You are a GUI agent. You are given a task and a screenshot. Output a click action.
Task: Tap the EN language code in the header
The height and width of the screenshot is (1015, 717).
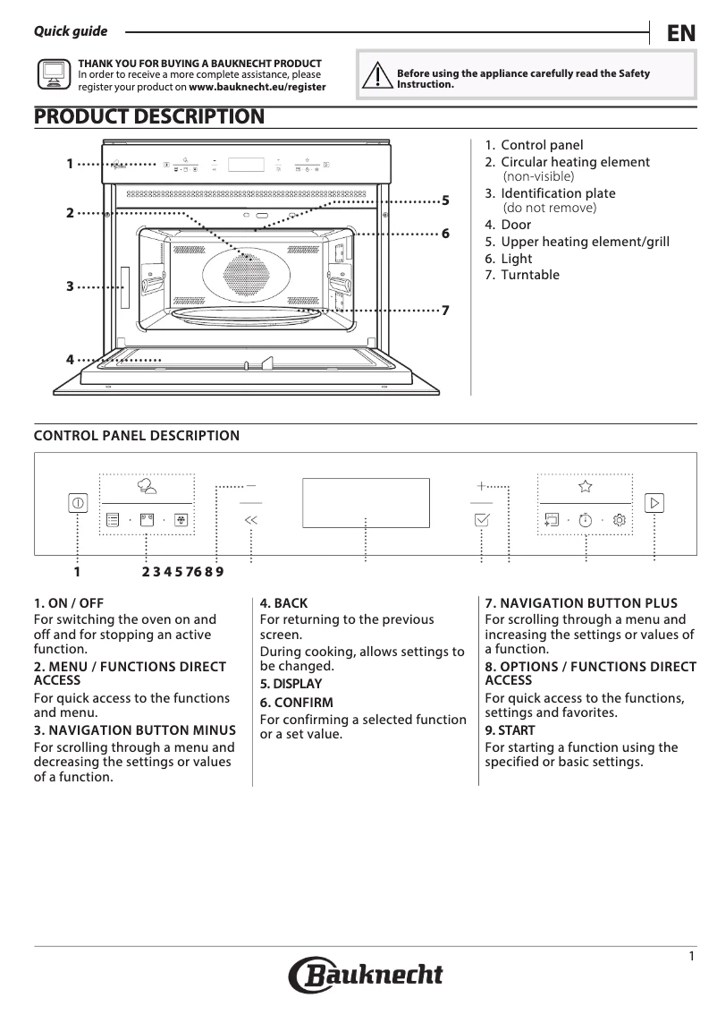pyautogui.click(x=680, y=33)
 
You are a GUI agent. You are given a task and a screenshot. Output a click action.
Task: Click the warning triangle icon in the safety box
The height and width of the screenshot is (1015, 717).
pyautogui.click(x=377, y=76)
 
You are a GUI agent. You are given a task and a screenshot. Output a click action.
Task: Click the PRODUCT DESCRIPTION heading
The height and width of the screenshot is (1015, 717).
pyautogui.click(x=148, y=116)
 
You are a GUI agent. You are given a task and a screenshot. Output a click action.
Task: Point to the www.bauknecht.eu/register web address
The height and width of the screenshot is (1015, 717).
pyautogui.click(x=257, y=88)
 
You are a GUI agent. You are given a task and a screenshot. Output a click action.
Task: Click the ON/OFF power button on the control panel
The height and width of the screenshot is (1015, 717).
pyautogui.click(x=78, y=503)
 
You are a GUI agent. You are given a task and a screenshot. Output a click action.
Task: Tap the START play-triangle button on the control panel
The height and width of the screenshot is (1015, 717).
pyautogui.click(x=654, y=503)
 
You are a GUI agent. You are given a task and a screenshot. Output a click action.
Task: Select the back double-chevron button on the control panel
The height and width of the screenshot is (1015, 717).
pyautogui.click(x=250, y=519)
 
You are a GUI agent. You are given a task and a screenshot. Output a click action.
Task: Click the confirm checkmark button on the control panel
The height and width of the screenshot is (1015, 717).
pyautogui.click(x=482, y=519)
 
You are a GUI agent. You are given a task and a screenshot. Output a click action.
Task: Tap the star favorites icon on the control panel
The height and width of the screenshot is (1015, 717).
pyautogui.click(x=585, y=486)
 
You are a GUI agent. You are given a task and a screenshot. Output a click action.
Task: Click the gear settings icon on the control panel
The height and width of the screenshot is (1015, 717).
pyautogui.click(x=620, y=519)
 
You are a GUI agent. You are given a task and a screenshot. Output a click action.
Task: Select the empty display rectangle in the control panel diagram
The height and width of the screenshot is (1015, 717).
pyautogui.click(x=366, y=503)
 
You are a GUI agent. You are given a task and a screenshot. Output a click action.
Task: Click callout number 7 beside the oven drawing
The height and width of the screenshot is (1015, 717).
pyautogui.click(x=444, y=310)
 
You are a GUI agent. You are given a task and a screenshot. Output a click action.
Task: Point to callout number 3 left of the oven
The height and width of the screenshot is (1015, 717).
pyautogui.click(x=69, y=286)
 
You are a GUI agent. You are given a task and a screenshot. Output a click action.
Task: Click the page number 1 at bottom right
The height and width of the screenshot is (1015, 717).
pyautogui.click(x=691, y=957)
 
